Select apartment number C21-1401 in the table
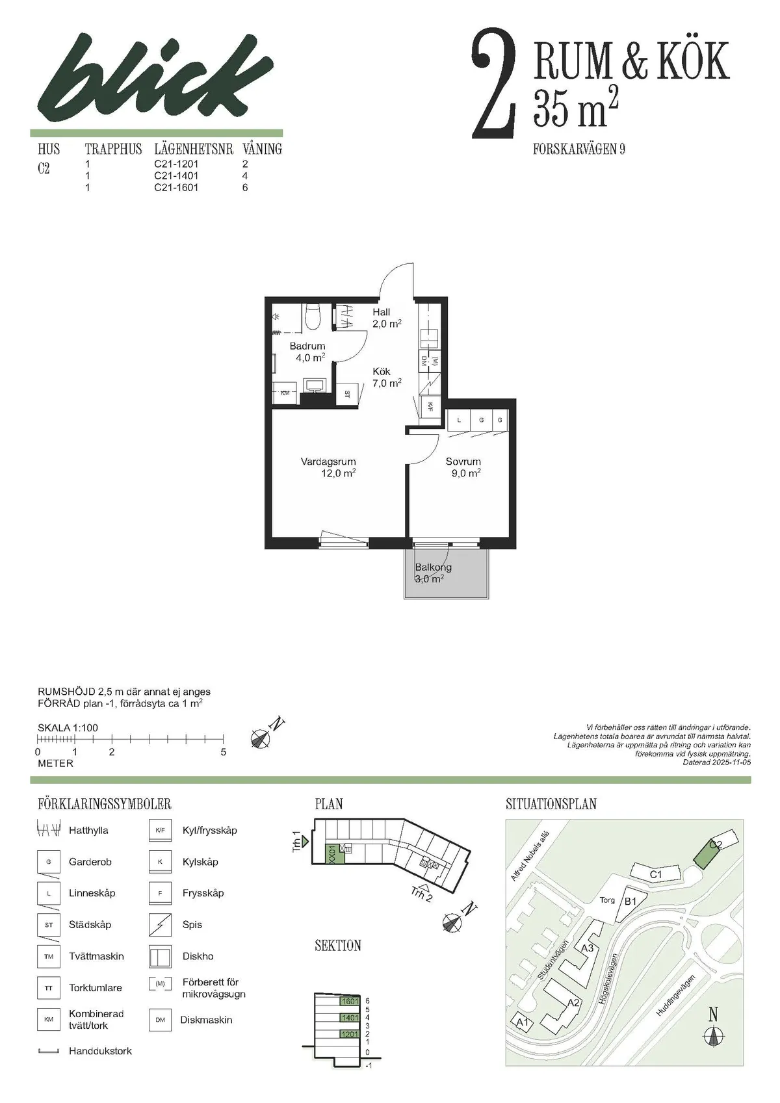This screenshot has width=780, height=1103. (176, 175)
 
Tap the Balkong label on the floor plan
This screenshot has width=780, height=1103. (433, 567)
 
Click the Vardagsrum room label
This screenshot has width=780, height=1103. (328, 462)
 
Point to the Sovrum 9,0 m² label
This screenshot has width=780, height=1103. (463, 467)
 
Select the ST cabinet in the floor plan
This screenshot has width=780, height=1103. (346, 394)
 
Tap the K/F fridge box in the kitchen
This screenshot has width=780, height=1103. (430, 407)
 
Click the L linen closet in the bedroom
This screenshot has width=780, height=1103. (459, 420)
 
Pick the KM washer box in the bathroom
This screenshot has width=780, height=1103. (285, 394)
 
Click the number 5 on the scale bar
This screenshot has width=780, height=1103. (224, 752)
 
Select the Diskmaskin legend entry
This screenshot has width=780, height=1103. (206, 1020)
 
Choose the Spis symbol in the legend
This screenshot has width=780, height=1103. (160, 924)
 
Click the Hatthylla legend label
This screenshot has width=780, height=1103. (88, 830)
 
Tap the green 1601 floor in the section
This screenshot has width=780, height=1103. (350, 1001)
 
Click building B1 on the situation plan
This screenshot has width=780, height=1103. (629, 902)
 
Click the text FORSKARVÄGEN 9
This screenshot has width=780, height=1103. (578, 149)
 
